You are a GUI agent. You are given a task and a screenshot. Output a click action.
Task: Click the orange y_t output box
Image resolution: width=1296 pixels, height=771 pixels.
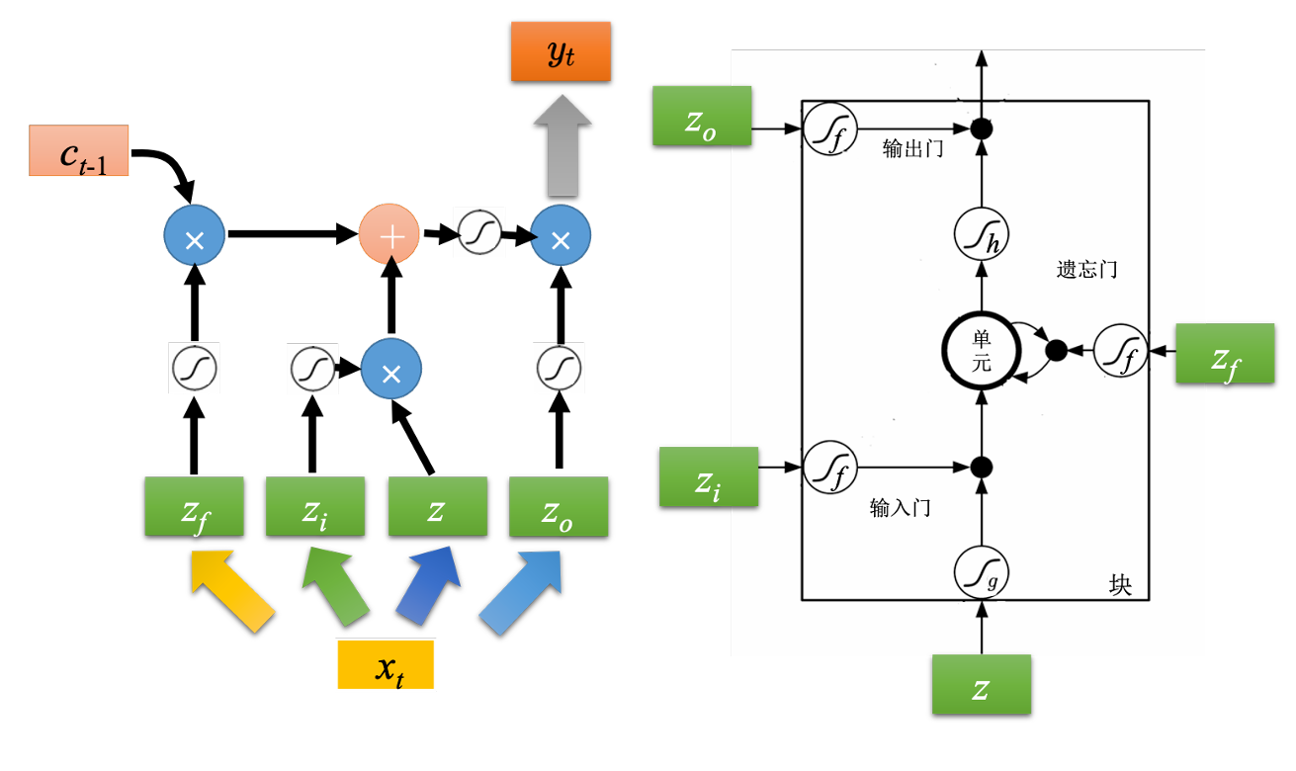pos(561,52)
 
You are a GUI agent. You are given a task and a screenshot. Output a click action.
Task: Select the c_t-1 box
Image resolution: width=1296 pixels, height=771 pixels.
pos(79,150)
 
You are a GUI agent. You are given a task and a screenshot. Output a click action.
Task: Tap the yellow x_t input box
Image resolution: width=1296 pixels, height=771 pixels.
pos(386,664)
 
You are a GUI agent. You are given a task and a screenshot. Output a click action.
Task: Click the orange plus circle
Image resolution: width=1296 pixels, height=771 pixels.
pos(389,235)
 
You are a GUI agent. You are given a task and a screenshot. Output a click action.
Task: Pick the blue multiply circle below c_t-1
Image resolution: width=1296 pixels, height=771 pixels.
pos(195,236)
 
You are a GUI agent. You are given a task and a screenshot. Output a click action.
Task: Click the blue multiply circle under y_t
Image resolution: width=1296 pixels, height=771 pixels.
pos(561,236)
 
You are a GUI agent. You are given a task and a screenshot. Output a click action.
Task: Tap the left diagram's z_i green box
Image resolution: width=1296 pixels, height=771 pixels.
pos(314,506)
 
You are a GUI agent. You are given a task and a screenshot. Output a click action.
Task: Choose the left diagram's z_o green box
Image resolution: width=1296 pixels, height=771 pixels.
pos(558,506)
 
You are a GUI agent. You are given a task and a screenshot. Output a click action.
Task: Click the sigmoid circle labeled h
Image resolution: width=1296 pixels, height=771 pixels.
pos(981,237)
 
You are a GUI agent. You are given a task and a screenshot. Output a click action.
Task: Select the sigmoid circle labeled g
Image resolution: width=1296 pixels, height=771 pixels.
pos(981,571)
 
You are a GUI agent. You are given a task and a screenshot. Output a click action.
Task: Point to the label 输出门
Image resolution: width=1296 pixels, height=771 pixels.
pos(909,150)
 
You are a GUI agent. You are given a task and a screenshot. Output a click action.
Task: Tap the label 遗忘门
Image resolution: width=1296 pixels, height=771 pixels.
pos(1086,269)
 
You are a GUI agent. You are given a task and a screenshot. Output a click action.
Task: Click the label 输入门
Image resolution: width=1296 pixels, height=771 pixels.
pos(900,509)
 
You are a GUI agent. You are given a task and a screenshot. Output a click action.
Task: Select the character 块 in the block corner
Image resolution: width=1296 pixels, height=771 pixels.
pos(1120,585)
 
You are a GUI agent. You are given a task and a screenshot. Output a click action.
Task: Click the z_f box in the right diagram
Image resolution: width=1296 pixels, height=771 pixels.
pos(1225,353)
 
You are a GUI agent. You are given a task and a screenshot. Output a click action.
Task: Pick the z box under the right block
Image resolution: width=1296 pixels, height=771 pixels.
pos(981,684)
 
